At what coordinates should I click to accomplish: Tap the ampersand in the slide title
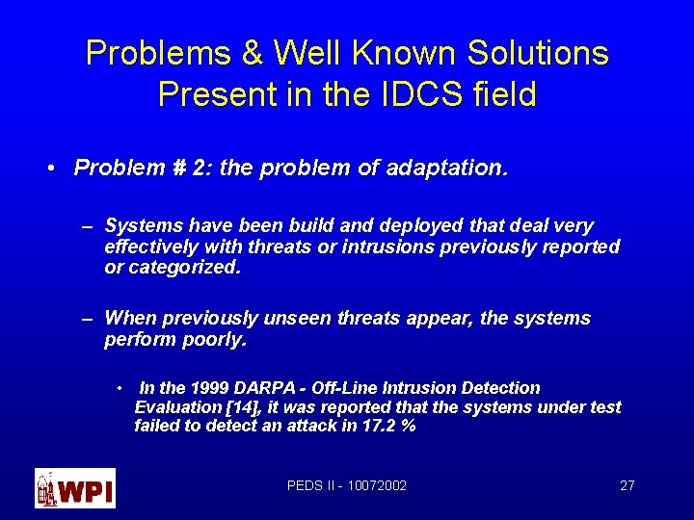(253, 53)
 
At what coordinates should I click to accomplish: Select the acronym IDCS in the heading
(424, 95)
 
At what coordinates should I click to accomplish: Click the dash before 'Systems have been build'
(87, 226)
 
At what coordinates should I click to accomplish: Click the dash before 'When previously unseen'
(87, 319)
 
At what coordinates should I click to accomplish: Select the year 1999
(208, 388)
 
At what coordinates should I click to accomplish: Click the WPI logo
(75, 487)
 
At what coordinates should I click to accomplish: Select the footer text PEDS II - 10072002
(347, 485)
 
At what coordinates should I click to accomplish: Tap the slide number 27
(627, 485)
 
